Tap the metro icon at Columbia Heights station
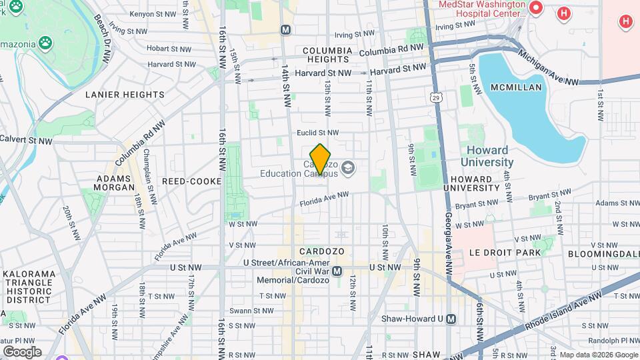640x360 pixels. tap(285, 29)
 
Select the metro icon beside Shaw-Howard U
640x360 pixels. tap(451, 319)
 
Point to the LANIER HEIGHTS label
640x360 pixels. tap(125, 95)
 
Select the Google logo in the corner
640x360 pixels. tap(21, 351)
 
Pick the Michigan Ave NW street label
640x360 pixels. tap(549, 69)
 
